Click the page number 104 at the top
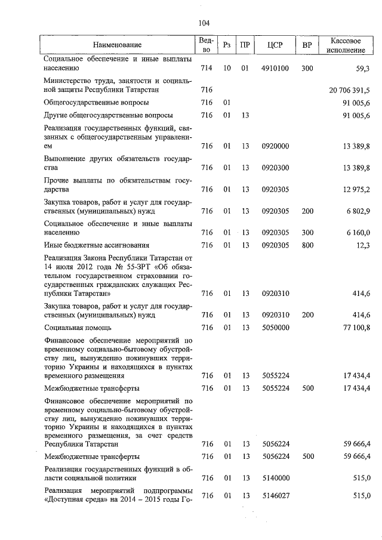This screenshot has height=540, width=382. point(202,23)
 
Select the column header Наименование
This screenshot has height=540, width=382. point(118,45)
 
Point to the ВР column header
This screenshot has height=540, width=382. point(307,45)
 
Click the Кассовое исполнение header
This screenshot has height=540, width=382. point(346,45)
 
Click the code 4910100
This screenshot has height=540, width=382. point(275,69)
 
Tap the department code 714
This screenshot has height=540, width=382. point(207,69)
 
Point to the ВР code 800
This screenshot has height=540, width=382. point(307,245)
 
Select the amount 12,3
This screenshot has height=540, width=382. point(362,245)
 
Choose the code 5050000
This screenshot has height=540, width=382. point(275,328)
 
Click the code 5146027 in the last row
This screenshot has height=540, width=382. point(275,496)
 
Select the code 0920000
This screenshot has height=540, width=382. point(275,146)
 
